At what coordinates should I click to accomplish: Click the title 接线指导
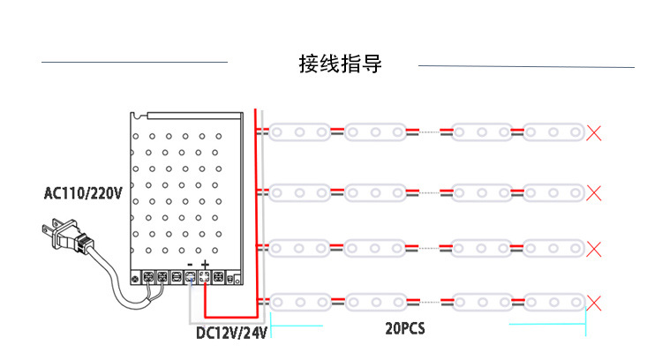coord(340,64)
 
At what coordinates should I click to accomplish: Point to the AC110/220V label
coord(84,192)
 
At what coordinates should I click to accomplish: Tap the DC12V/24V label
coord(231,334)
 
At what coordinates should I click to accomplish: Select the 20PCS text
coord(405,328)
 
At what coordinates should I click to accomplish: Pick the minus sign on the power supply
coord(190,265)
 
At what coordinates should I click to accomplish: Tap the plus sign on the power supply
coord(205,265)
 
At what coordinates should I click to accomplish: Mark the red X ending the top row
coord(594,133)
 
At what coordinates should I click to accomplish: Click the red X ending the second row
coord(594,191)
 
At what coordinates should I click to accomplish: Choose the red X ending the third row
coord(594,247)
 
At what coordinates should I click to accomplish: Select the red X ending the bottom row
coord(594,304)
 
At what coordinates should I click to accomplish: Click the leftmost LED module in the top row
coord(299,133)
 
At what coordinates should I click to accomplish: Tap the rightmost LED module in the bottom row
coord(553,304)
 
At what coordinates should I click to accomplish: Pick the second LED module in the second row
coord(375,191)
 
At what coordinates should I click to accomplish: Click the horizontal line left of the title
coord(134,63)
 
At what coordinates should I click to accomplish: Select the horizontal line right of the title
coord(526,66)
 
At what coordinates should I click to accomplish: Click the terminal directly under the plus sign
coord(205,278)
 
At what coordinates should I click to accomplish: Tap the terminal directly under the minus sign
coord(190,278)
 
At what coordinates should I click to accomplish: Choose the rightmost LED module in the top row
coord(553,133)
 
